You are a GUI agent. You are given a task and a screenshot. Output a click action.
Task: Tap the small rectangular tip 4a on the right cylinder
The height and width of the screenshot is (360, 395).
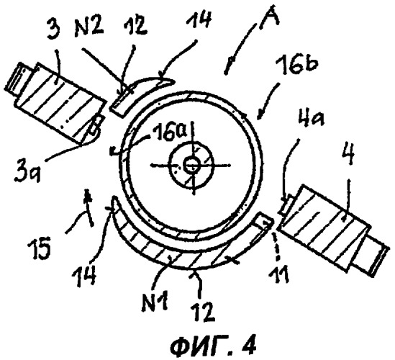tap(286, 205)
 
